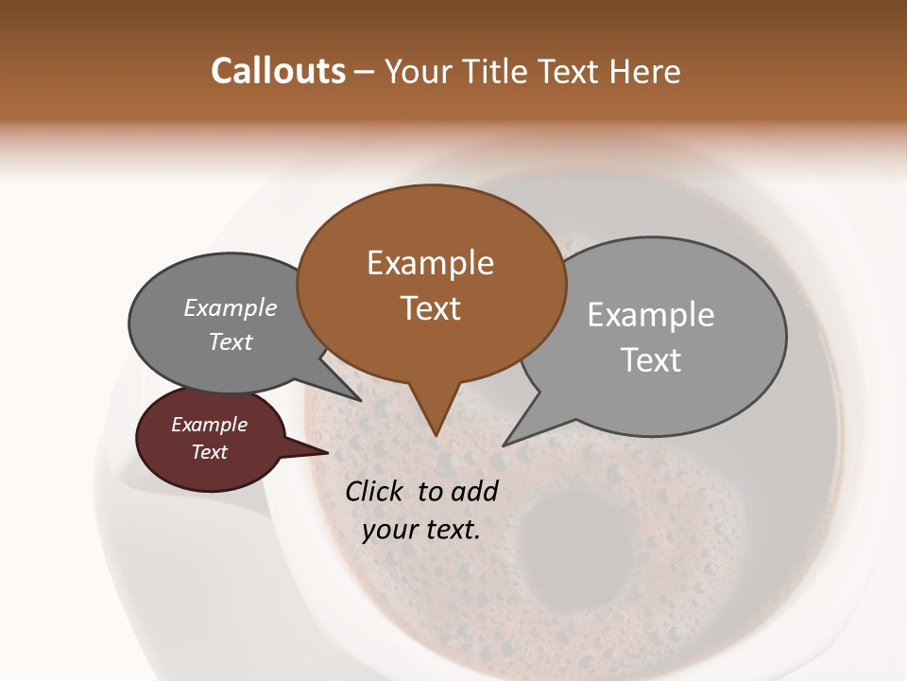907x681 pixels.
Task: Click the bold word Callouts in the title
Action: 278,71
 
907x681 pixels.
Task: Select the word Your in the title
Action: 420,72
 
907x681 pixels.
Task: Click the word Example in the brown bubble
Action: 430,263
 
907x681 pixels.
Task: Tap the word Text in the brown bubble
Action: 430,308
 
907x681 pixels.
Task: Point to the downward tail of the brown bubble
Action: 434,416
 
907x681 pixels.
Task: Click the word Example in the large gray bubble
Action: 650,315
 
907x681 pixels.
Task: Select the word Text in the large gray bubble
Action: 651,360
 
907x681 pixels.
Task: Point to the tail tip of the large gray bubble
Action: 508,442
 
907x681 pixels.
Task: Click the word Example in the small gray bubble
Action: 230,308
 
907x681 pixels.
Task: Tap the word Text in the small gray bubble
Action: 230,341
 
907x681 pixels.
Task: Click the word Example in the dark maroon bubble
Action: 209,425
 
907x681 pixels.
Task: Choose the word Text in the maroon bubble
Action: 209,452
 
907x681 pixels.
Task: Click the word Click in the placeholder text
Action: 375,491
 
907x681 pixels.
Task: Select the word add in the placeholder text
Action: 475,491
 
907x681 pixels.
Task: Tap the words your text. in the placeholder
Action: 421,530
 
